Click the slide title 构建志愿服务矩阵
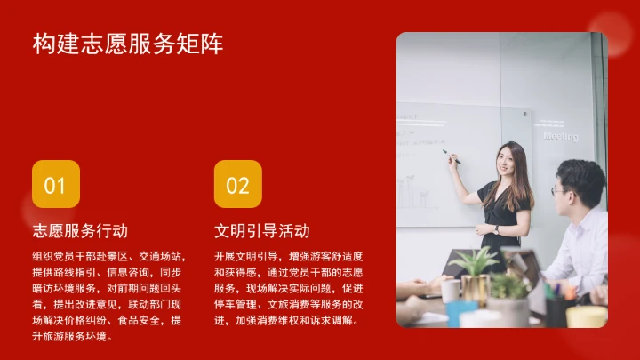click(128, 44)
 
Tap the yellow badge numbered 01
click(55, 184)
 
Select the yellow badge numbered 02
click(237, 184)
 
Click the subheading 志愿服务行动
click(80, 231)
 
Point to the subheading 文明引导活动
click(262, 231)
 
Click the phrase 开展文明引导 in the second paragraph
click(245, 256)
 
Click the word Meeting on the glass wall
click(561, 137)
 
